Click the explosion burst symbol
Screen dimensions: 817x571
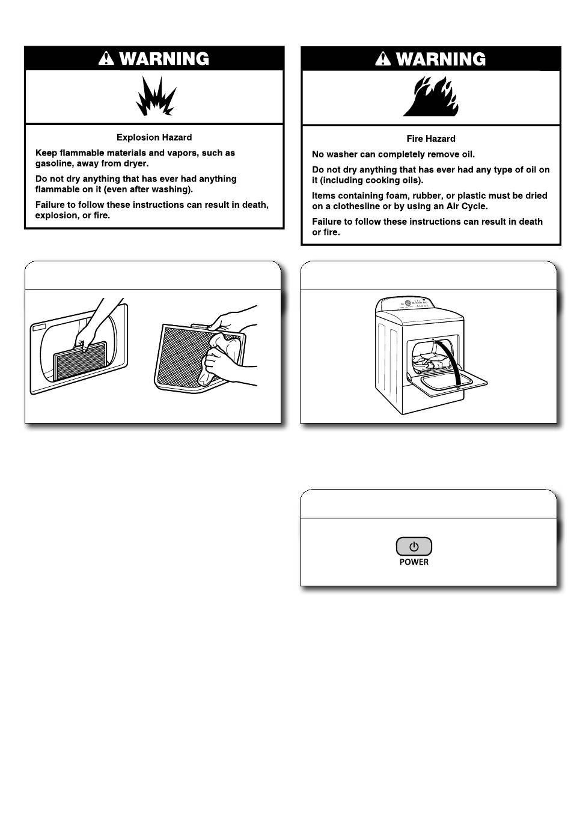(x=155, y=98)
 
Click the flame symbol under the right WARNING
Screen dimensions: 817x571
(x=431, y=96)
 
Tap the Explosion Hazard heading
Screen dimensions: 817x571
(x=154, y=138)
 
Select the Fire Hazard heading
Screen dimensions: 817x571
(x=431, y=139)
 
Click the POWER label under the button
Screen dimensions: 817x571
(x=414, y=562)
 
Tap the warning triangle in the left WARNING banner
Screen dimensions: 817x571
(x=106, y=58)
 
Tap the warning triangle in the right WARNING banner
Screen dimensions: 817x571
(x=383, y=59)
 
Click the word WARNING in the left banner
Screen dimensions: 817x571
(x=164, y=59)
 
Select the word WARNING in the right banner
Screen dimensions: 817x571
(x=441, y=59)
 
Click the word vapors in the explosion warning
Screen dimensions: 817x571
(x=174, y=153)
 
